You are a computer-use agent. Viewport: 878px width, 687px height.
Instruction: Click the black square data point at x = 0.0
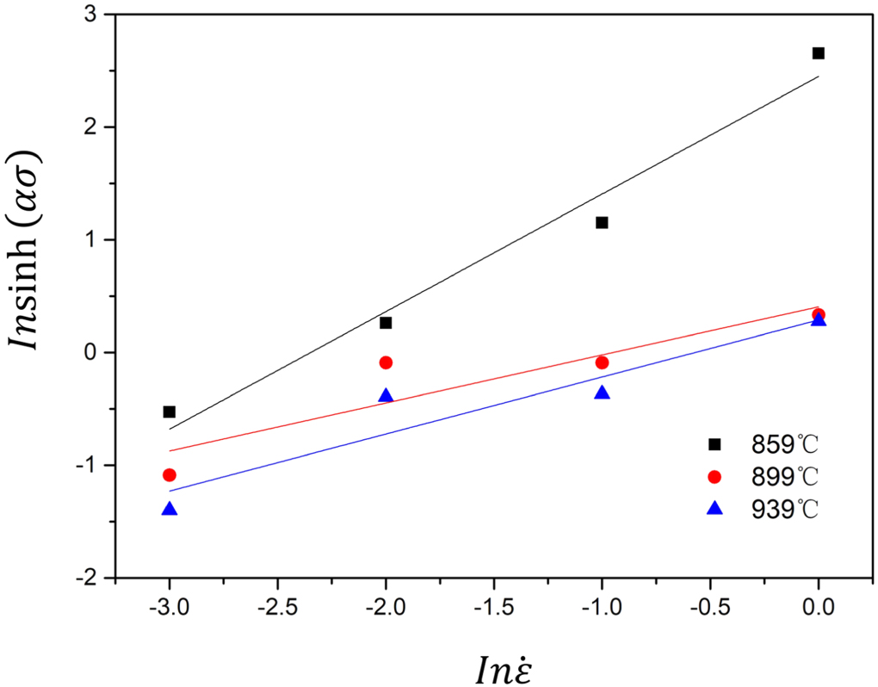pyautogui.click(x=818, y=53)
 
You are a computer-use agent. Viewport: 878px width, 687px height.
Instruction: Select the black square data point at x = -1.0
pyautogui.click(x=602, y=223)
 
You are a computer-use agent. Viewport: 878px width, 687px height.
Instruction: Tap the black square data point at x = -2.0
pyautogui.click(x=386, y=323)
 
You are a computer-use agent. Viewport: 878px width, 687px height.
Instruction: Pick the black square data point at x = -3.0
pyautogui.click(x=170, y=412)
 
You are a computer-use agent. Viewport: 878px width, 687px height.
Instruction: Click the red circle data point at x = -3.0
pyautogui.click(x=170, y=475)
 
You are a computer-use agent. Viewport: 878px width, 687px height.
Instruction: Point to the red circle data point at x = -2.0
pyautogui.click(x=386, y=362)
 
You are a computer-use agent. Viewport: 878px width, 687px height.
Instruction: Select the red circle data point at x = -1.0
pyautogui.click(x=602, y=362)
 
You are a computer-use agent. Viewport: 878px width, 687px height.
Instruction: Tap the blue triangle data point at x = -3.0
pyautogui.click(x=170, y=509)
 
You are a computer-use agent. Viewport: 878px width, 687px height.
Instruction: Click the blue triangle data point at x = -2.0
pyautogui.click(x=386, y=396)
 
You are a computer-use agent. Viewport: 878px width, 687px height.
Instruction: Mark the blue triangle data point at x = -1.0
pyautogui.click(x=602, y=393)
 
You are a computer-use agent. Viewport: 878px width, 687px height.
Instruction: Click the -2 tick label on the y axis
pyautogui.click(x=87, y=578)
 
